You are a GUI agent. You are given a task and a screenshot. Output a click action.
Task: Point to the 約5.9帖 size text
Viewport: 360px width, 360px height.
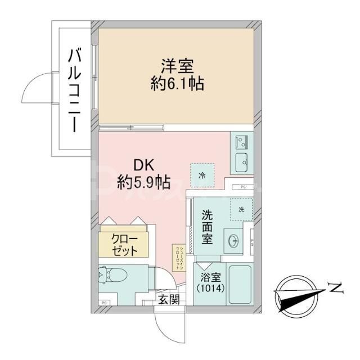coord(145,182)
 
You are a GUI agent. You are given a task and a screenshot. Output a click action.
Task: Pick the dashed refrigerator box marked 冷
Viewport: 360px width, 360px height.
coord(201,175)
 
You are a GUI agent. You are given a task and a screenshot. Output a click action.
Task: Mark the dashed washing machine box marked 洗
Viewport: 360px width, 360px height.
coord(241,209)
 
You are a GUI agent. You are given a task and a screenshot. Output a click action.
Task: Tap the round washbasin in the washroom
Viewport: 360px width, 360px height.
coord(233,240)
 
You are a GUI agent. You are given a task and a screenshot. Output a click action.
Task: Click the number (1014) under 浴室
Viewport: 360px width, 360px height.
coord(210,290)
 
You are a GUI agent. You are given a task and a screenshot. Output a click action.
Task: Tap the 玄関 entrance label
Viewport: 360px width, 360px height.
coord(168,299)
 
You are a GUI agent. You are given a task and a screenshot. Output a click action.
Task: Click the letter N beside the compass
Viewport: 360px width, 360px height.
coord(336,289)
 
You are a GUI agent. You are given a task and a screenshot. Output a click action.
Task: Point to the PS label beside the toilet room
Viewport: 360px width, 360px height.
coord(104,303)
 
